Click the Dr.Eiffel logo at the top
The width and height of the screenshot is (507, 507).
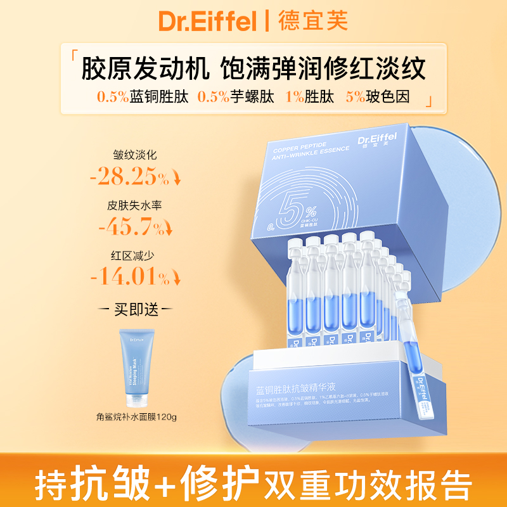(x=207, y=22)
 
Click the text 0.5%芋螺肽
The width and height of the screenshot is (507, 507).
(x=235, y=98)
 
